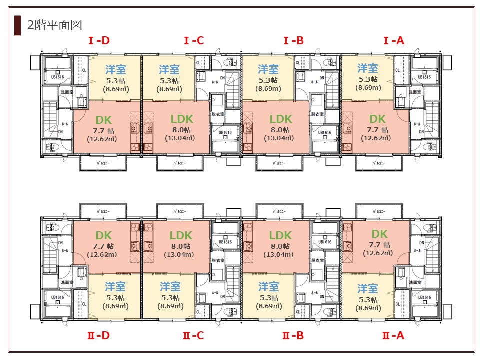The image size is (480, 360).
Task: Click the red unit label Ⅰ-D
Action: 99,40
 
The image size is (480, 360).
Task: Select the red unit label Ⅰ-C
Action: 193,40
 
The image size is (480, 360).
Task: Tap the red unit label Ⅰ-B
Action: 293,40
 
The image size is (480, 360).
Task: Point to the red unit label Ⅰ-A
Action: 393,40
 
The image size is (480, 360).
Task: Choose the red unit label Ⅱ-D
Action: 98,335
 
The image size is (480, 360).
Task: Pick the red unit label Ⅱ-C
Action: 193,335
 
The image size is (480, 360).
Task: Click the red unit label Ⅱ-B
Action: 293,335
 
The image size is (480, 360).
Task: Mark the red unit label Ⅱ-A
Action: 393,335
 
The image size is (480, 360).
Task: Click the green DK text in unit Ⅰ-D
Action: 103,119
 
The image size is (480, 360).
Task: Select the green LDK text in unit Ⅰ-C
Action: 181,119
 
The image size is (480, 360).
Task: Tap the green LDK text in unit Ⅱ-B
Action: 280,235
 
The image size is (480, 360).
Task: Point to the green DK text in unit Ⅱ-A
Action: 379,234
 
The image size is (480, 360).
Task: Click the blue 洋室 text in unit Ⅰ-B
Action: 268,69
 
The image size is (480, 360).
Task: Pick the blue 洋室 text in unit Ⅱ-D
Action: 115,287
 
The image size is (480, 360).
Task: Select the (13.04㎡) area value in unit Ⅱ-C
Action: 181,254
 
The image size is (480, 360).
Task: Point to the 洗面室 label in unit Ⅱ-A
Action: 415,282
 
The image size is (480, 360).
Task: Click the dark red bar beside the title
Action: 18,25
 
